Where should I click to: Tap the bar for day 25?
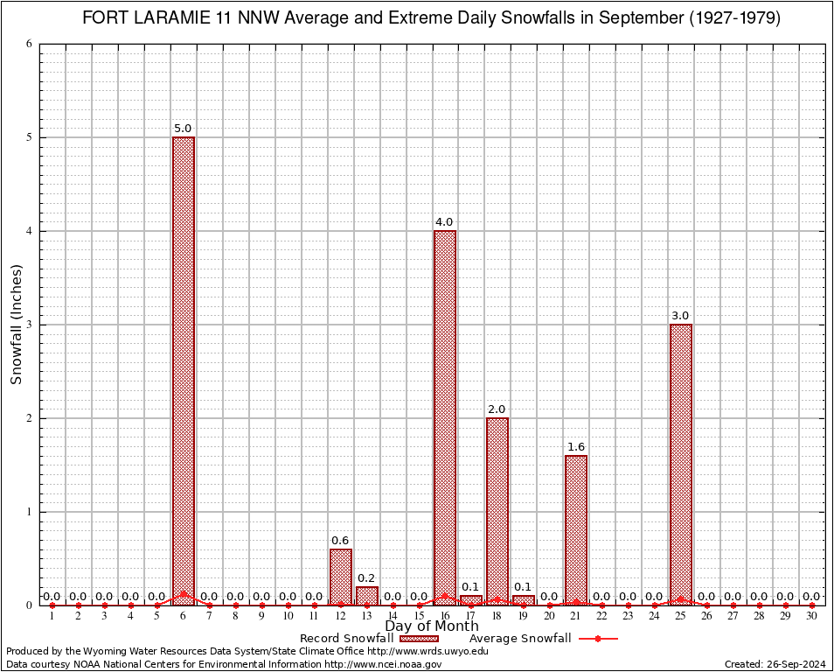681,464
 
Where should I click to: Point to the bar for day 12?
341,577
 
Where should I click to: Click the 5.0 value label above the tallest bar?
183,129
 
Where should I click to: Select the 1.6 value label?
576,447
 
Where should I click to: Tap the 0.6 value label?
340,541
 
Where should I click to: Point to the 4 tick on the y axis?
29,231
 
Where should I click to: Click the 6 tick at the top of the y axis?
29,44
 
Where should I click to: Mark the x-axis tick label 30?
811,617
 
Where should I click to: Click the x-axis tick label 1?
52,617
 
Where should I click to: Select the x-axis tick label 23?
628,617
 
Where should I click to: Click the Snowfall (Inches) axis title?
16,325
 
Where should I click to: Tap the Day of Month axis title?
432,626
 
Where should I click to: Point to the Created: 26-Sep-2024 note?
776,664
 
